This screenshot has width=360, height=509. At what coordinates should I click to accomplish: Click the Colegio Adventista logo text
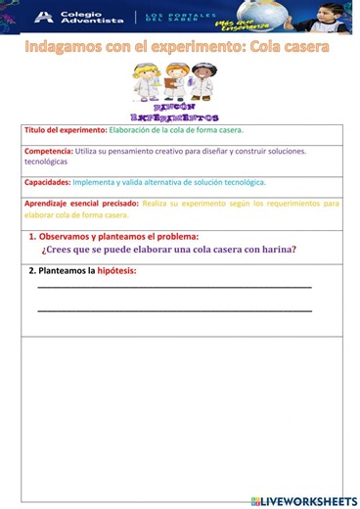79,17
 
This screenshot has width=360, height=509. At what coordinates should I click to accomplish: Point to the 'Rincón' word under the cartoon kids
176,106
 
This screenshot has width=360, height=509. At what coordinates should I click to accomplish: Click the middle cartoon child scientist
176,81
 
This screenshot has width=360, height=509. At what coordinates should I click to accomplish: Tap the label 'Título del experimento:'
66,130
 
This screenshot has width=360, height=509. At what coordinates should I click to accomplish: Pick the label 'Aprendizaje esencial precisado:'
81,204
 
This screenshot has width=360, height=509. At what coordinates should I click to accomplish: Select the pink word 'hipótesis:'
116,270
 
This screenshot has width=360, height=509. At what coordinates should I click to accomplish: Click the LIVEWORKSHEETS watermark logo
304,500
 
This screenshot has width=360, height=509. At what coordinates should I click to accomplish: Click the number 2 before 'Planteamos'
31,270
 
